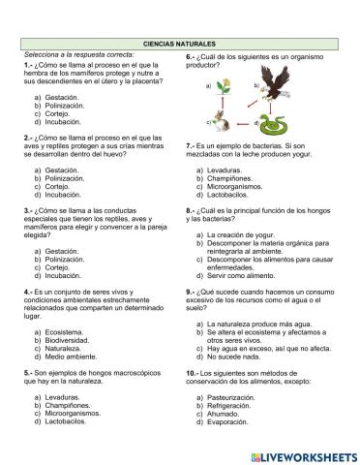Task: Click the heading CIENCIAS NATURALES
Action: pyautogui.click(x=180, y=45)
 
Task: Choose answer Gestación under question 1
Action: pyautogui.click(x=61, y=98)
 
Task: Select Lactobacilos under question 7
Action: pyautogui.click(x=231, y=194)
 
